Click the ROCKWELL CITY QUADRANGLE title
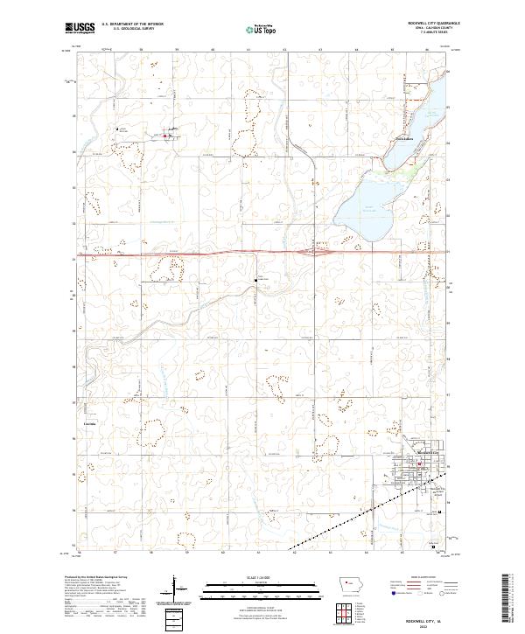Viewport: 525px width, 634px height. coord(433,24)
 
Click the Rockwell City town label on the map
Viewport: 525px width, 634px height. coord(414,463)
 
